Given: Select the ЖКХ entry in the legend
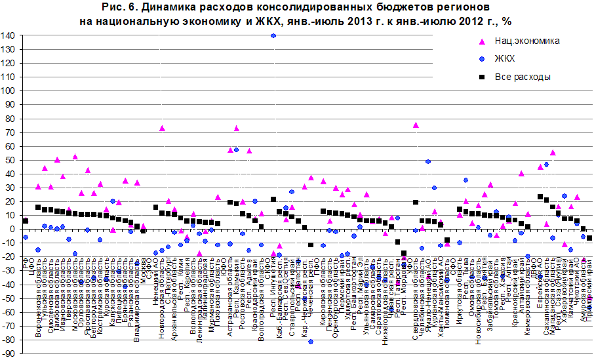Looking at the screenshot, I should click(x=505, y=58).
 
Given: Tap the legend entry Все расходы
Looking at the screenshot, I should click(x=522, y=77).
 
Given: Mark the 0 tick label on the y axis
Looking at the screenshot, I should click(x=14, y=229).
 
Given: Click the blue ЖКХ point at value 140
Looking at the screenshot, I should click(x=273, y=35).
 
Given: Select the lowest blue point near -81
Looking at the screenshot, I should click(x=311, y=342).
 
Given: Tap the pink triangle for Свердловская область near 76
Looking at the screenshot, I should click(x=416, y=125).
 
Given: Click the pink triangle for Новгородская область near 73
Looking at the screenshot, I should click(x=162, y=129).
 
